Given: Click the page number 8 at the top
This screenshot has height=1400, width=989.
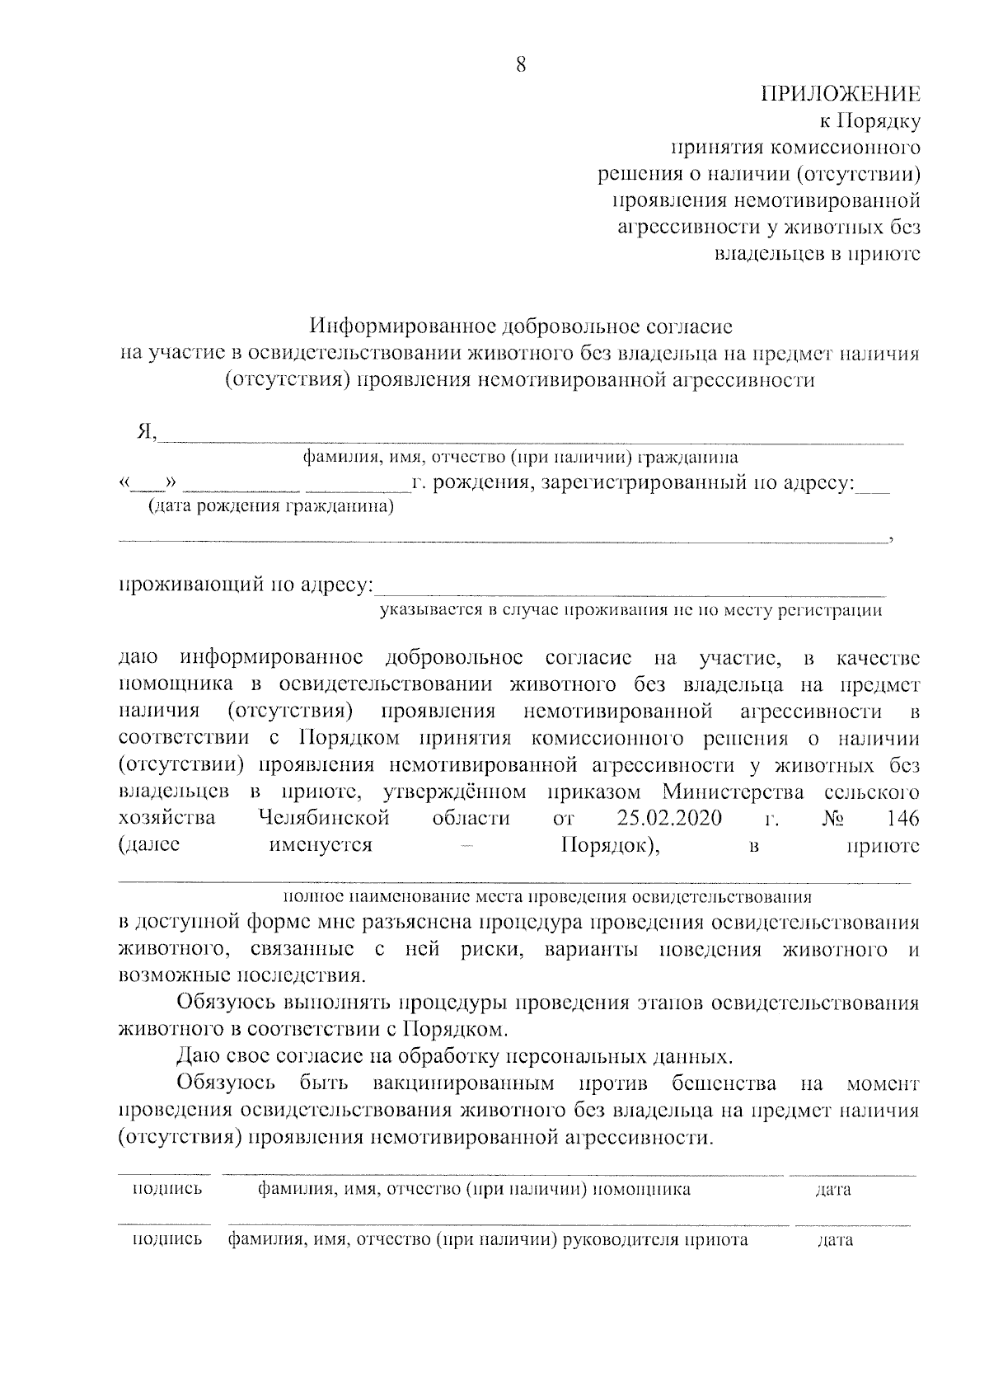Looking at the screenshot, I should point(520,66).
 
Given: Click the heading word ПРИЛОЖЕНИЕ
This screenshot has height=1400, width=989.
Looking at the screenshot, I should point(839,94).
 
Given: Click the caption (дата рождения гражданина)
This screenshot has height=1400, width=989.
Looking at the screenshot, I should point(270,507).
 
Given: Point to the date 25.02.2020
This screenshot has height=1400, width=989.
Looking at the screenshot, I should point(668,819).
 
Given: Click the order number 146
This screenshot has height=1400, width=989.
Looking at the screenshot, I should point(902,819).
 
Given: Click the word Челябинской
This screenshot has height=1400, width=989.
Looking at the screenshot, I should point(324,819).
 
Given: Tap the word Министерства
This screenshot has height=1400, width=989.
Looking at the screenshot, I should point(733,792).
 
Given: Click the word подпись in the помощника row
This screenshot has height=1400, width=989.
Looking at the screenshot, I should point(167,1190).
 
